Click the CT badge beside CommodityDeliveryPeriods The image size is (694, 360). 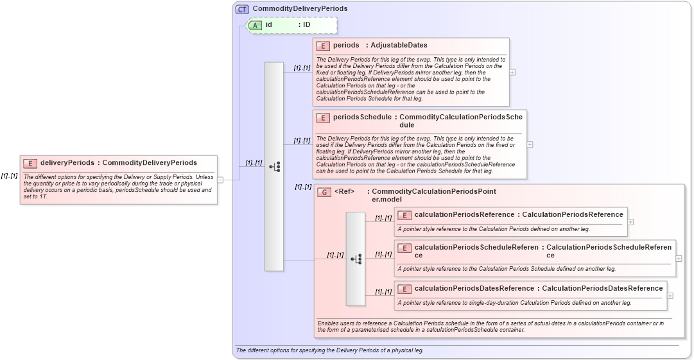(x=242, y=9)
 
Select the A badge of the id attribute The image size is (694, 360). (x=255, y=25)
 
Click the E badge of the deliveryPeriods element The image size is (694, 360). (x=30, y=163)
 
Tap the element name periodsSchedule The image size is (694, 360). (x=362, y=117)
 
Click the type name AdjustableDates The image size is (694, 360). (x=399, y=46)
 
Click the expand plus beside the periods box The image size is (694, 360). (x=512, y=72)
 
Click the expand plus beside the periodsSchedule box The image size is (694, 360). (x=530, y=144)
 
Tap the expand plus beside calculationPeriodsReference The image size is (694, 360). (x=630, y=222)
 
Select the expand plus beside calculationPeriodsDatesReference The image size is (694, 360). (x=670, y=296)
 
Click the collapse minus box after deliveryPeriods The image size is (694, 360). (x=220, y=180)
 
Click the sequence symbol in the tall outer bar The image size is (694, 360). (x=274, y=167)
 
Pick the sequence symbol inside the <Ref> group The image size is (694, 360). (x=356, y=259)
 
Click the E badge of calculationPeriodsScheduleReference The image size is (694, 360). (x=404, y=248)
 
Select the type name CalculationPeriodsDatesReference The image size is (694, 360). (x=602, y=289)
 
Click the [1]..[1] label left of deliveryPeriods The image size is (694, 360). (x=9, y=176)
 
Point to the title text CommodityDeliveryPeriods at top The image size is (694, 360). (x=300, y=9)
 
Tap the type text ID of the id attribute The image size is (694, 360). (x=307, y=25)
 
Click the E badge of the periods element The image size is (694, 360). (x=323, y=46)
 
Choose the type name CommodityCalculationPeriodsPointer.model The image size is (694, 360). (x=433, y=195)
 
